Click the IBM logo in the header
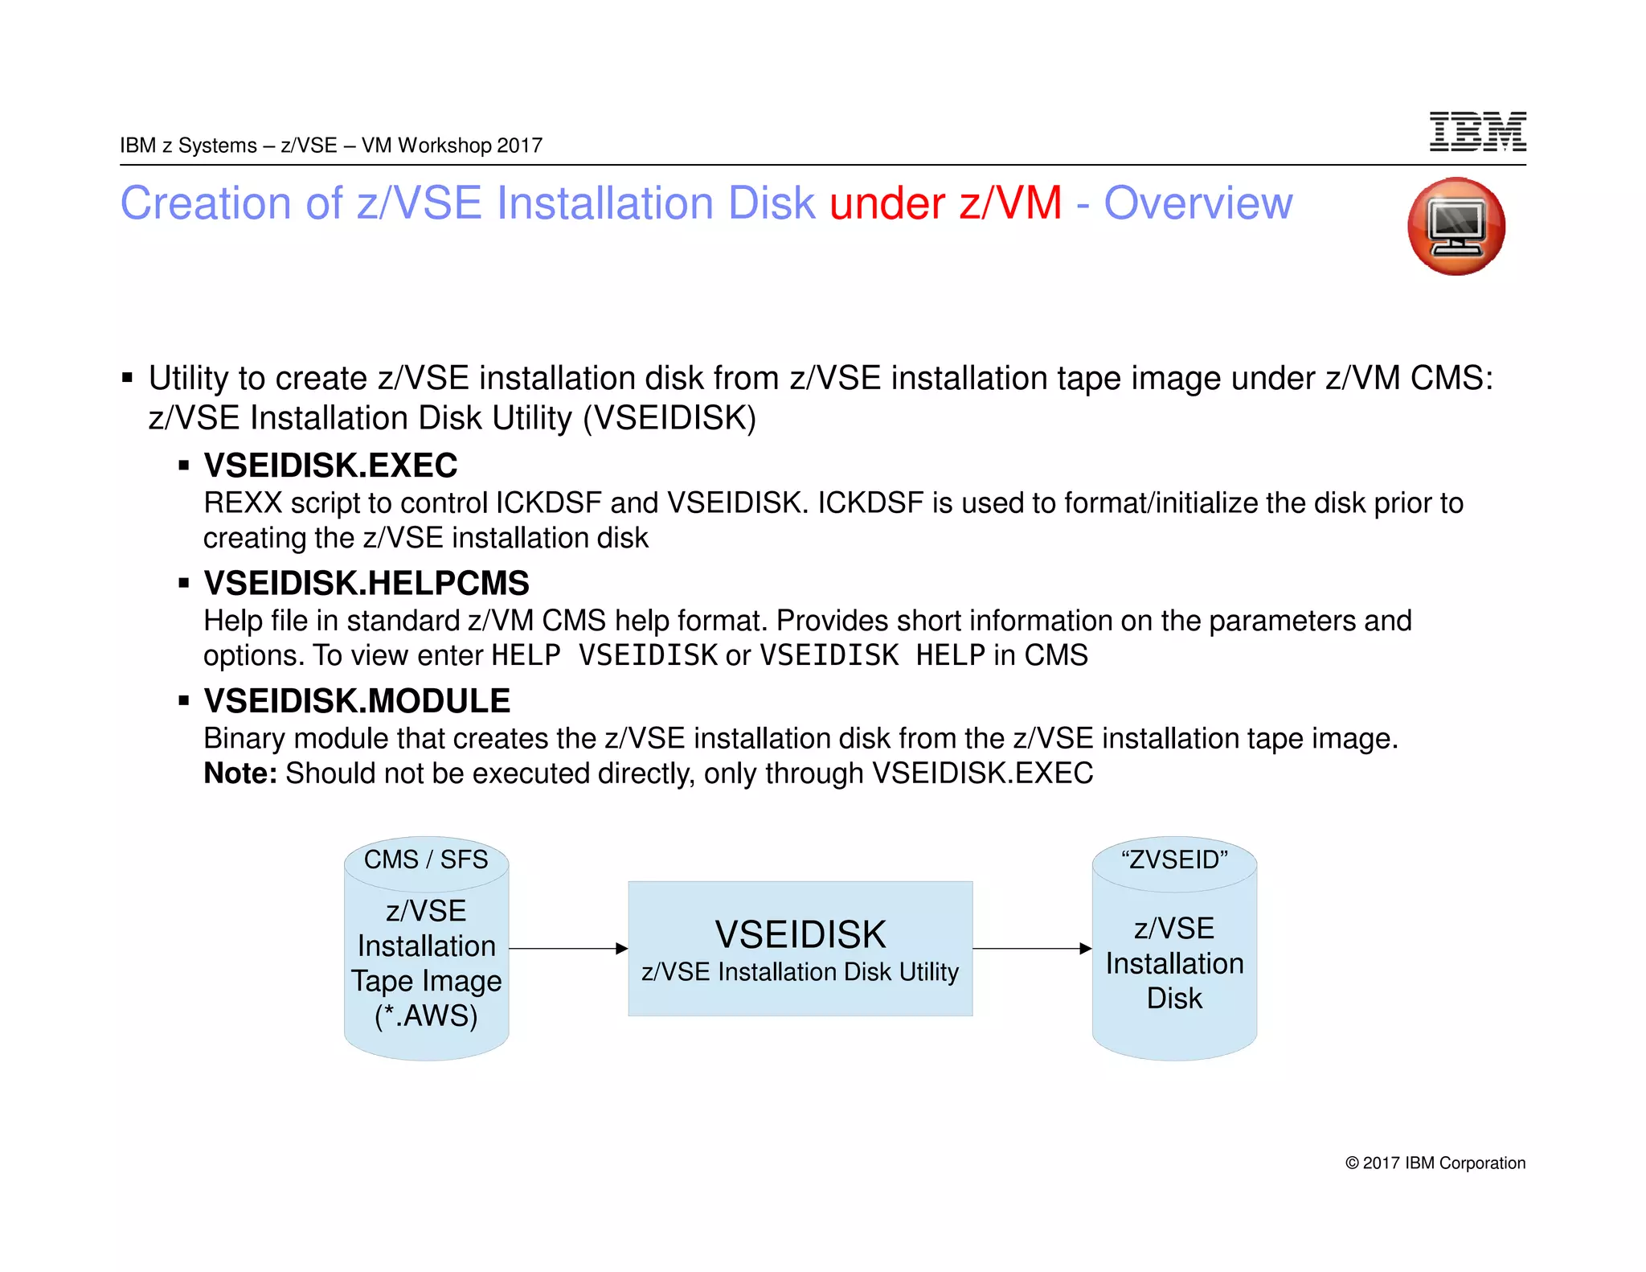1477,132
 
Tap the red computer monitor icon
1456,227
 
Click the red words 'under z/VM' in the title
945,203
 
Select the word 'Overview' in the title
1198,203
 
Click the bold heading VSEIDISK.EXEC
330,466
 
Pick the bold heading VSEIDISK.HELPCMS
366,583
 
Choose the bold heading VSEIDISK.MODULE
357,701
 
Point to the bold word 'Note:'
240,773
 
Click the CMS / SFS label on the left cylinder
426,860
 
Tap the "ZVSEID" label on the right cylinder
1174,860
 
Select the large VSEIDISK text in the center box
800,934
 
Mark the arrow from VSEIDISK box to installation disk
1032,949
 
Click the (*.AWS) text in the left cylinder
426,1016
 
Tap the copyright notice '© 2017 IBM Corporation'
1435,1163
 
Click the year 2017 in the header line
519,146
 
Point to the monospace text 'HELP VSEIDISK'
604,655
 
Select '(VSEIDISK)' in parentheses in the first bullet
669,418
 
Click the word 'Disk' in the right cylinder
1174,999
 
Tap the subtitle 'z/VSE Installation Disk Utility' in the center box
800,972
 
